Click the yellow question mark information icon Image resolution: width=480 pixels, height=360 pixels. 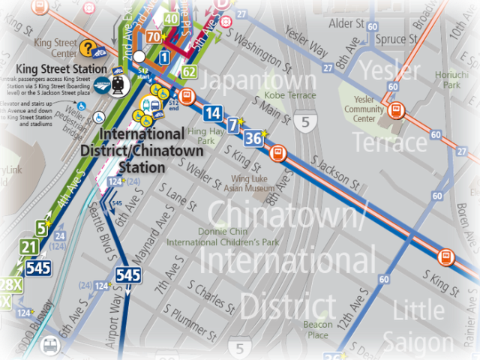[x=88, y=49]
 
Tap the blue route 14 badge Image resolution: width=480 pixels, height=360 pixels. [x=213, y=113]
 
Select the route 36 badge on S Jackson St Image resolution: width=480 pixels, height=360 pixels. [x=254, y=137]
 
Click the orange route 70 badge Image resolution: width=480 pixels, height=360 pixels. [x=153, y=36]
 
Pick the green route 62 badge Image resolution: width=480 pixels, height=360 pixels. [x=188, y=73]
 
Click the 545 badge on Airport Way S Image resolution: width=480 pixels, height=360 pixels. [x=128, y=275]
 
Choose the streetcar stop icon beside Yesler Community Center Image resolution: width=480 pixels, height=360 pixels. [x=397, y=111]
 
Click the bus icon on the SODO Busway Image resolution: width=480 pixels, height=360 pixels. [x=50, y=346]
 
